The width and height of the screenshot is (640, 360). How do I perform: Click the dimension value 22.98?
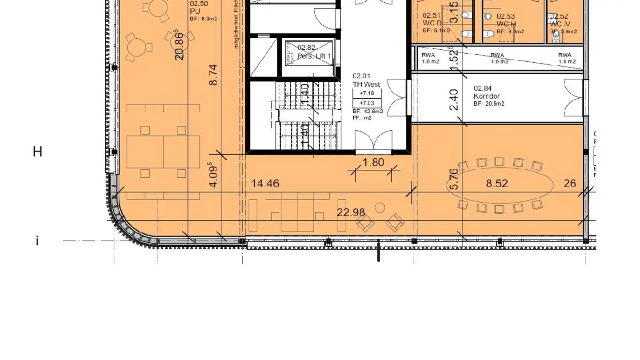pos(351,212)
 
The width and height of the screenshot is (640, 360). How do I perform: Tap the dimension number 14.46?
pos(265,184)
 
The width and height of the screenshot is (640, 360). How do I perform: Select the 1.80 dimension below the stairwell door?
pos(373,163)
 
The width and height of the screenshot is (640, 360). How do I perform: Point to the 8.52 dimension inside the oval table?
pos(497,184)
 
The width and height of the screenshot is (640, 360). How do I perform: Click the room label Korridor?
pos(487,96)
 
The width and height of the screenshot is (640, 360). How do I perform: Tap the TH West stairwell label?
pos(366,84)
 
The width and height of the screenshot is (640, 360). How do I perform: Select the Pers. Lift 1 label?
pos(314,56)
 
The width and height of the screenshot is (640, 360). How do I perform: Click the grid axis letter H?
pos(37,152)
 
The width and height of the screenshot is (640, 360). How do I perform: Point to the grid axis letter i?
pos(37,241)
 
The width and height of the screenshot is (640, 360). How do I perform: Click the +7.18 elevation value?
pos(367,93)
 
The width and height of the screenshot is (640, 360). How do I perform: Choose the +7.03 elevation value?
pos(367,103)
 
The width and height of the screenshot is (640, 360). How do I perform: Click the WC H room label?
pos(506,24)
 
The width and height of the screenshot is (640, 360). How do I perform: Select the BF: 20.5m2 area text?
pos(489,104)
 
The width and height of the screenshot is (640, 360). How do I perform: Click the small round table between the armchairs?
pos(380,208)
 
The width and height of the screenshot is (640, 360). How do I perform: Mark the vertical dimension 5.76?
pos(454,179)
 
